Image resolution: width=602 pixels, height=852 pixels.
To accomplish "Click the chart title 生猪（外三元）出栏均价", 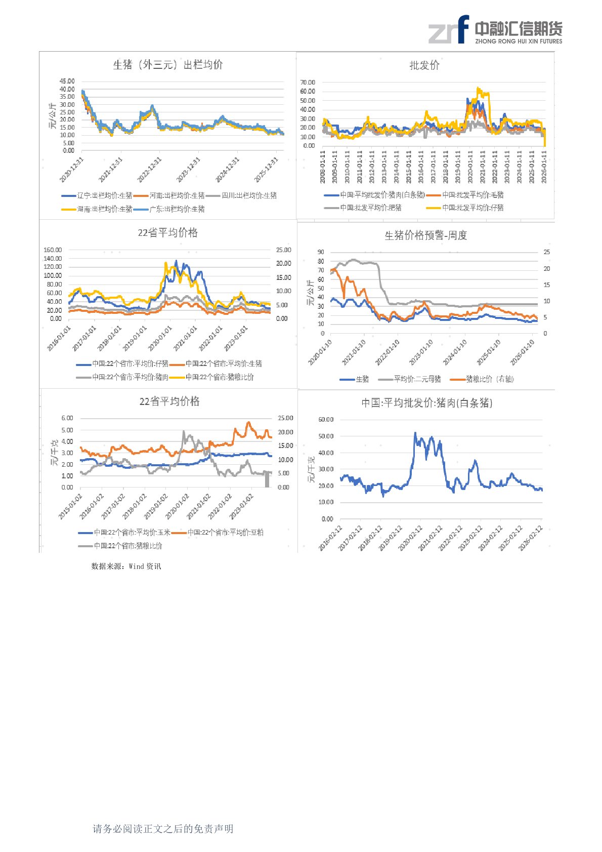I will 167,65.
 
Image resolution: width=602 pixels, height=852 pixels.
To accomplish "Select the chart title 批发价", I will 424,65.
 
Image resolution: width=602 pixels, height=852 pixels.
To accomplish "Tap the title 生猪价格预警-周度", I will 425,235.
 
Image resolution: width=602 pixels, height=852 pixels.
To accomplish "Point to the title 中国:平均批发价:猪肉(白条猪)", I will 426,403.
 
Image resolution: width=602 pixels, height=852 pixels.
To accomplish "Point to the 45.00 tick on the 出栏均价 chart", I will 67,81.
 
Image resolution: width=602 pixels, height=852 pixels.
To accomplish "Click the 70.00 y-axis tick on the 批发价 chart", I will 308,83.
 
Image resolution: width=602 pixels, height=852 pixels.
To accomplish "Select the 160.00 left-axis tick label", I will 53,250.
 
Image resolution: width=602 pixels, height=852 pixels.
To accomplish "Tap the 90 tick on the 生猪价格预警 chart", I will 321,252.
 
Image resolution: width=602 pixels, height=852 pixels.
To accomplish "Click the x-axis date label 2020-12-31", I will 71,170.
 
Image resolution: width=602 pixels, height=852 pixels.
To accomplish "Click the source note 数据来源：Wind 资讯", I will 126,566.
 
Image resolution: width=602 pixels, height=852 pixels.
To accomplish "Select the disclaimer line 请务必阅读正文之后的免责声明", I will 163,829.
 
